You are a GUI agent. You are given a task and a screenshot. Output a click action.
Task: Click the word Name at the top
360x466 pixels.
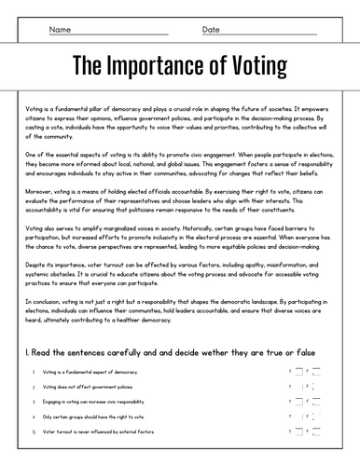[x=61, y=30]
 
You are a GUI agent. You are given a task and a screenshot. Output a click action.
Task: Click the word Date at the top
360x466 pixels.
[x=211, y=30]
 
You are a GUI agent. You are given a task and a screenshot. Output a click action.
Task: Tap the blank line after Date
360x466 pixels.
[x=270, y=34]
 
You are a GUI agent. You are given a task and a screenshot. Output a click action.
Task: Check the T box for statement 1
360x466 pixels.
[x=298, y=370]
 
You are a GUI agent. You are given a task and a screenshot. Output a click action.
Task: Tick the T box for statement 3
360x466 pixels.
[x=298, y=401]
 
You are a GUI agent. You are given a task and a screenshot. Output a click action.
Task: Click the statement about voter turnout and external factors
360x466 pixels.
[x=92, y=432]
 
